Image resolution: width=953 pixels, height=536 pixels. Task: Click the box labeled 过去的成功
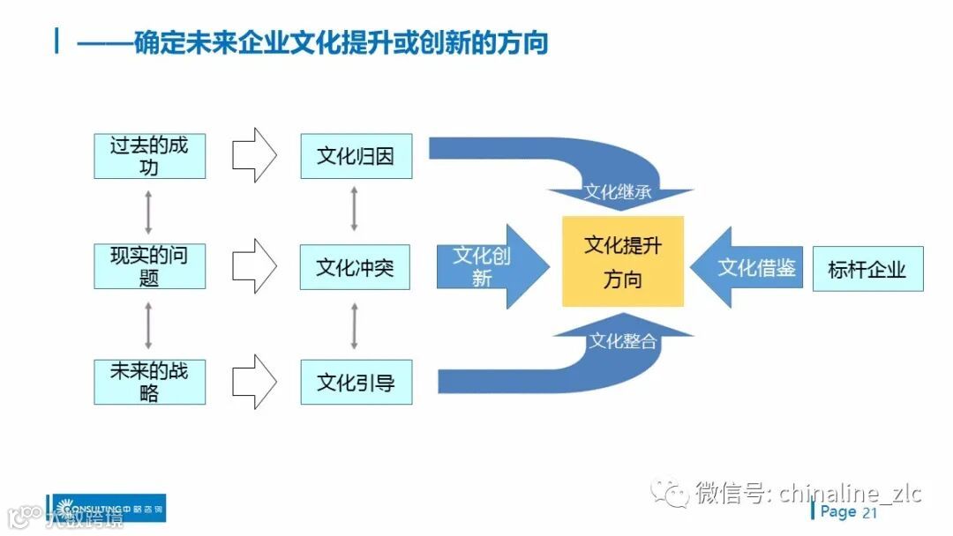coord(149,156)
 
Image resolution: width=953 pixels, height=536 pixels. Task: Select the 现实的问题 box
coord(149,266)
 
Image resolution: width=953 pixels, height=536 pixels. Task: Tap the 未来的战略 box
coord(149,381)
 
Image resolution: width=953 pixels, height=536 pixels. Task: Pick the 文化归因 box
coord(356,156)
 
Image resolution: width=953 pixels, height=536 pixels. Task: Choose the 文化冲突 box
coord(356,266)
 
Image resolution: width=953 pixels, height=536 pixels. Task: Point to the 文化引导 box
coord(356,382)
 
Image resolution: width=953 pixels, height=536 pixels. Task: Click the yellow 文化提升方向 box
coord(623,262)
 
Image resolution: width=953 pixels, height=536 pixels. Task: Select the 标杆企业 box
coord(867,269)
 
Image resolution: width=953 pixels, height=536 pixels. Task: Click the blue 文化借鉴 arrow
coord(748,267)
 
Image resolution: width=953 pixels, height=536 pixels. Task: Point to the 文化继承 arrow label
coord(618,191)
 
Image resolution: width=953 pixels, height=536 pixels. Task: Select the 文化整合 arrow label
coord(623,341)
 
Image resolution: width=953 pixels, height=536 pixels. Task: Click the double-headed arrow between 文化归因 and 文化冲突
coord(355,210)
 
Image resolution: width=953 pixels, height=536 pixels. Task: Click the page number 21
coord(870,513)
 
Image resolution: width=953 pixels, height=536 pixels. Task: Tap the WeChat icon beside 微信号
coord(671,492)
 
